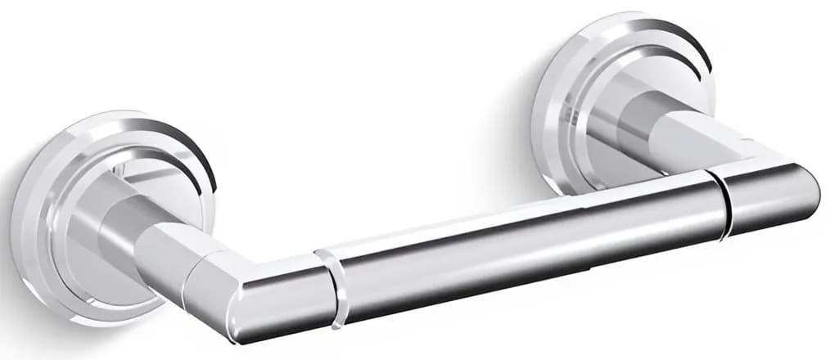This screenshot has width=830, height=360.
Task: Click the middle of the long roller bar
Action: (x=524, y=245)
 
